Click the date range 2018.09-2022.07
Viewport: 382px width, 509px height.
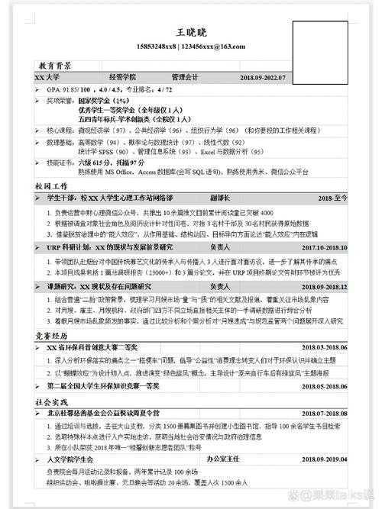pyautogui.click(x=262, y=78)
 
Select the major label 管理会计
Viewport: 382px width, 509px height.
pyautogui.click(x=185, y=78)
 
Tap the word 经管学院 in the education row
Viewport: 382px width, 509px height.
pyautogui.click(x=122, y=78)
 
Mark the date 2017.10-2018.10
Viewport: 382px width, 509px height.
pyautogui.click(x=325, y=248)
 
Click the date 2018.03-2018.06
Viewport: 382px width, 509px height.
pyautogui.click(x=325, y=348)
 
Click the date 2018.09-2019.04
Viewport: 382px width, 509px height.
pyautogui.click(x=325, y=462)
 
